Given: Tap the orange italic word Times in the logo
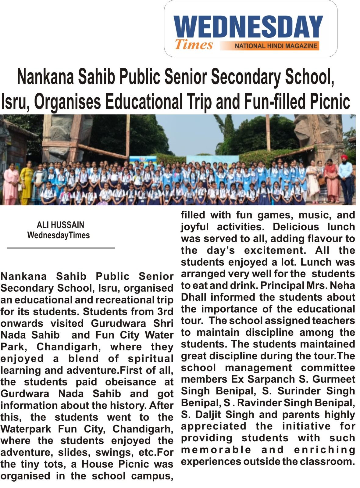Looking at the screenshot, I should (x=194, y=45).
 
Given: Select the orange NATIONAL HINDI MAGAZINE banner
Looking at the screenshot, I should (x=276, y=46).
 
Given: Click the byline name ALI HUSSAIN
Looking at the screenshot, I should (x=60, y=225).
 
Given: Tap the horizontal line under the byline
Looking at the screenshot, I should (x=61, y=248).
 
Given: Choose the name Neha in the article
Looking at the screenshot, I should (x=342, y=285).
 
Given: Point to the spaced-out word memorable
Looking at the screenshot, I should (x=216, y=450).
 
